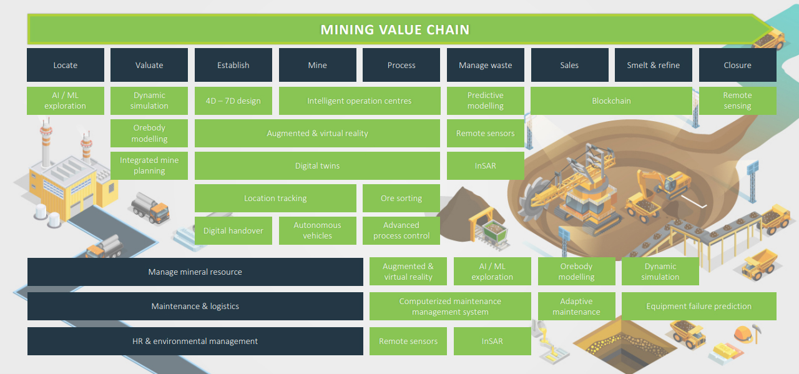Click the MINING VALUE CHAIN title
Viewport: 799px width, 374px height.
tap(395, 29)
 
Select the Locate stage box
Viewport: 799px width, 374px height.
tap(66, 65)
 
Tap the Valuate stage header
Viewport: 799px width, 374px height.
tap(149, 65)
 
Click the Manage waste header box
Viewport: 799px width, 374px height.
tap(485, 65)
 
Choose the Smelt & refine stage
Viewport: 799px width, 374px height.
tap(653, 65)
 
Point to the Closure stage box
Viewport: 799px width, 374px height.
tap(737, 65)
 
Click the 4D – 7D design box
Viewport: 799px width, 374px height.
tap(233, 101)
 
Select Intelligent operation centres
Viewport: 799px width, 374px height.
tap(359, 101)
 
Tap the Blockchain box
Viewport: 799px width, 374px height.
tap(611, 101)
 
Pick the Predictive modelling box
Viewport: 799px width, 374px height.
tap(485, 101)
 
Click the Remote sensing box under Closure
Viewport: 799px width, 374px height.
tap(737, 101)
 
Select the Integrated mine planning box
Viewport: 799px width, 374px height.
tap(149, 165)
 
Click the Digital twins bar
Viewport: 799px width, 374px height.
tap(317, 165)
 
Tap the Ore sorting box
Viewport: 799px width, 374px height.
tap(401, 198)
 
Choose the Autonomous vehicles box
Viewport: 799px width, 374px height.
tap(317, 230)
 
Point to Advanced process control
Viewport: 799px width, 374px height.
tap(401, 230)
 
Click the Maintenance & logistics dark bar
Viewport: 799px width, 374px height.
tap(195, 306)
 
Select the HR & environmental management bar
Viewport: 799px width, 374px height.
tap(195, 341)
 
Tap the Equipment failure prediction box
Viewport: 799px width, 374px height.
tap(699, 306)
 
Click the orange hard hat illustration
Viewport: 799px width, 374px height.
tap(743, 333)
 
